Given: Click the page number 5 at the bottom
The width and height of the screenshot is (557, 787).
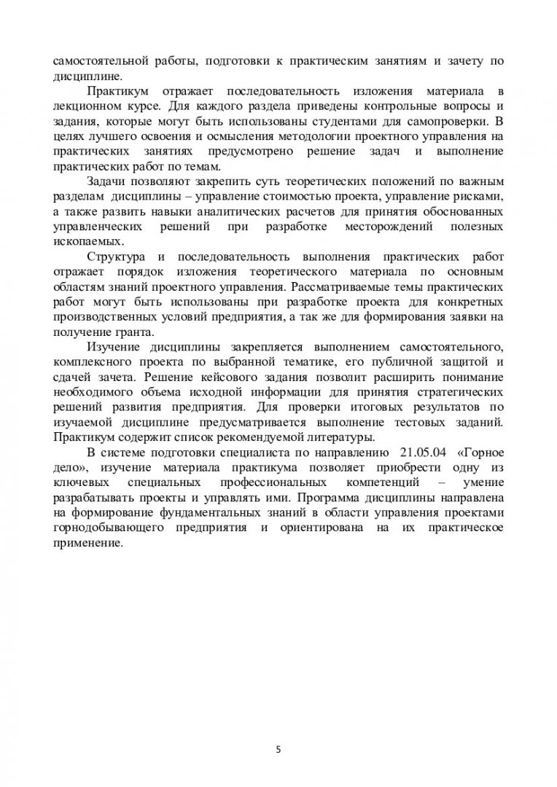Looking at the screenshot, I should click(x=278, y=748).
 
